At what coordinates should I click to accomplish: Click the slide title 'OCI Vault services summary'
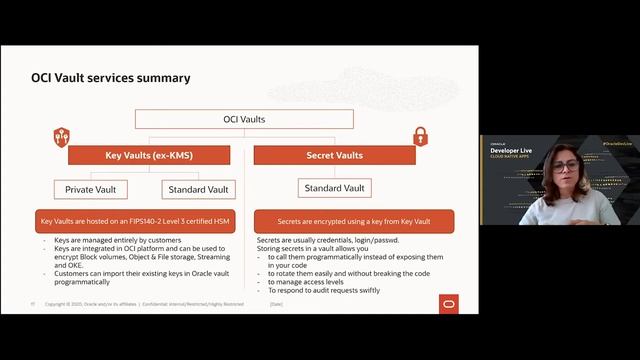click(x=111, y=78)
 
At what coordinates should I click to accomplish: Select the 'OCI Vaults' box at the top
click(x=245, y=120)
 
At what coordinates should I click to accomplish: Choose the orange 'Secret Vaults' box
click(x=334, y=155)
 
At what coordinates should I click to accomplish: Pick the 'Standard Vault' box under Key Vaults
click(x=197, y=188)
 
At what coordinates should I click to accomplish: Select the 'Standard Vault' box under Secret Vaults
click(x=334, y=188)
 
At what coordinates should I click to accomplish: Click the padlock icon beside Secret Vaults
click(x=420, y=135)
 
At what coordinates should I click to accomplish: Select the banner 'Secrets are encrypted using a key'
click(x=354, y=221)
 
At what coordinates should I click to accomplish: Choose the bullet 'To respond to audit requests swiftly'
click(x=324, y=291)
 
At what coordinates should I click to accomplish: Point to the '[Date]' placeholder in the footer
click(x=277, y=304)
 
